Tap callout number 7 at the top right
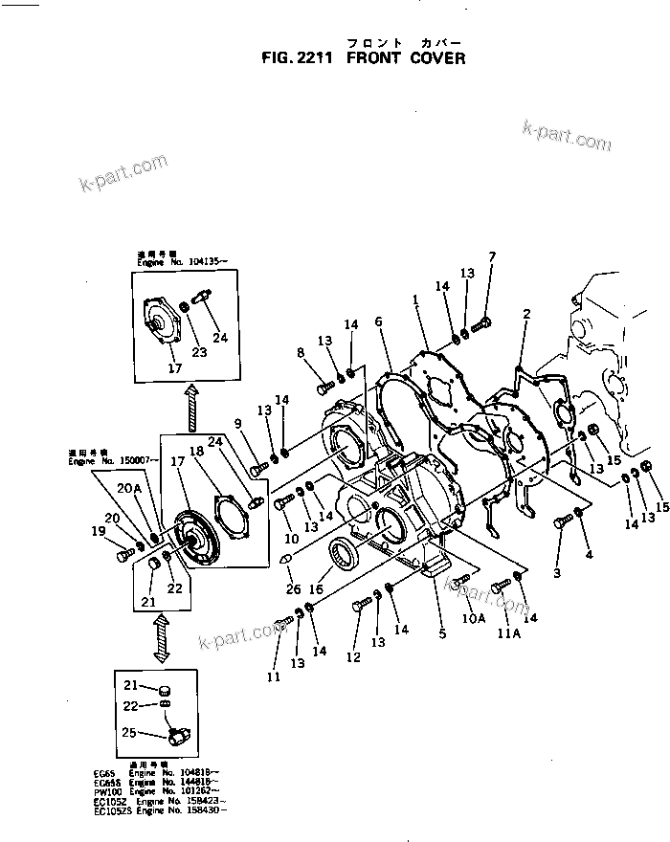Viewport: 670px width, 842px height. click(492, 256)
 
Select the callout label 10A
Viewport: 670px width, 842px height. click(474, 618)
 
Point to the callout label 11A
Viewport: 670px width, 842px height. click(509, 633)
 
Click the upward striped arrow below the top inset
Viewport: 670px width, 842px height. click(191, 408)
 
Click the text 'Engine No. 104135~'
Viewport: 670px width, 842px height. click(185, 259)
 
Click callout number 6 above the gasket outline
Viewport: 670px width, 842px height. click(378, 321)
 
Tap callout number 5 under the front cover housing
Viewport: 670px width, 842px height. click(442, 632)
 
